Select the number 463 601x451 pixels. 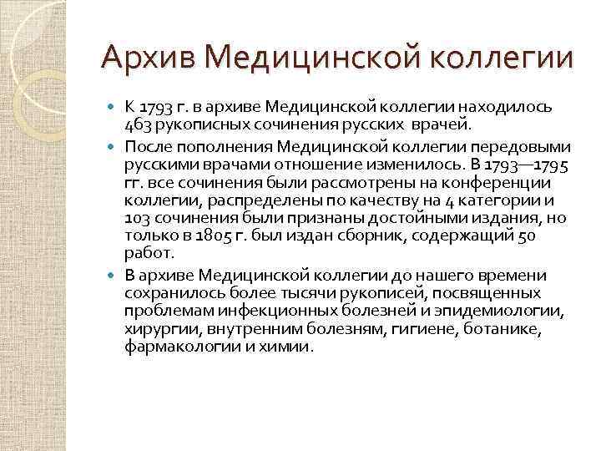click(139, 125)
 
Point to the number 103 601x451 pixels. click(139, 217)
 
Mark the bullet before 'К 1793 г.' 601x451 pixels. click(114, 108)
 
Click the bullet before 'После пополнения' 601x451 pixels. click(114, 144)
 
